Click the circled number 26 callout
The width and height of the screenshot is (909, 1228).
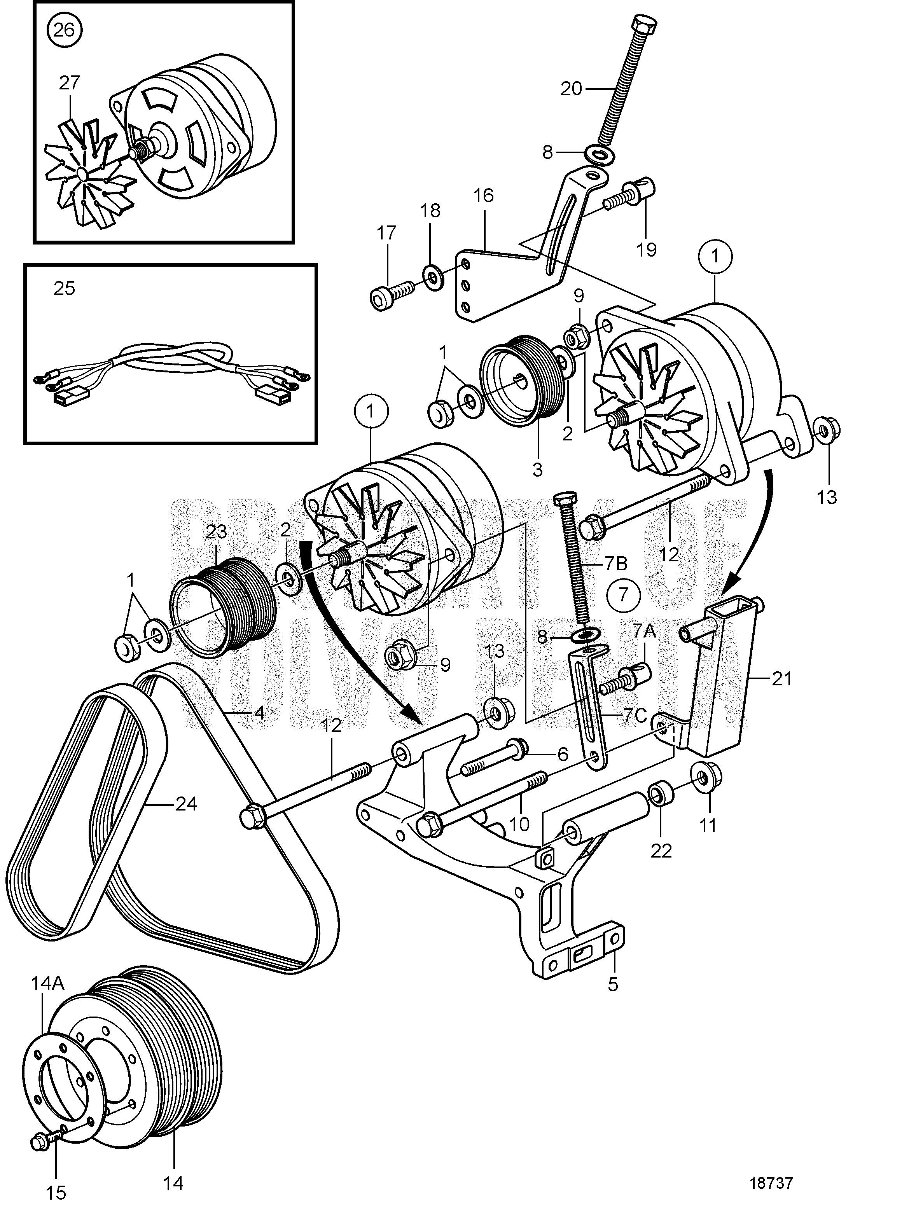click(63, 29)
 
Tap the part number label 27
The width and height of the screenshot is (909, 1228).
click(69, 83)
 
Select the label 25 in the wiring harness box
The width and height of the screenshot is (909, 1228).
click(64, 288)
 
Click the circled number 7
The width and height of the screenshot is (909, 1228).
click(623, 595)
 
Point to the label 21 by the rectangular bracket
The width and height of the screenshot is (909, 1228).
click(781, 680)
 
